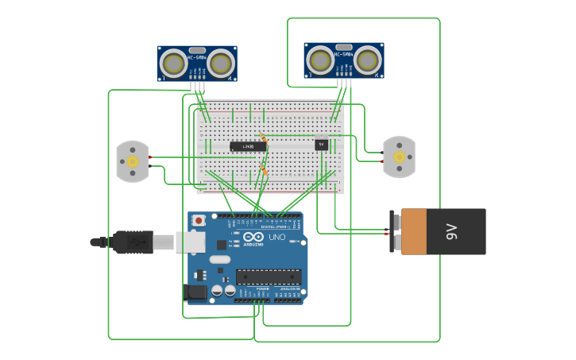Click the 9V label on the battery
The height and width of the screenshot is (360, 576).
coord(451,232)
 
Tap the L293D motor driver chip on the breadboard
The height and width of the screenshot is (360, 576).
coord(248,146)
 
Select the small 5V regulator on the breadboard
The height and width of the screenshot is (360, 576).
coord(321,145)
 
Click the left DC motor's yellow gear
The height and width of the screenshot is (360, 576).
coord(133,161)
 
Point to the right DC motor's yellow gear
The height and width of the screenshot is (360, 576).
coord(398,156)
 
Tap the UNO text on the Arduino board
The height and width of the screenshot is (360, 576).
coord(277,238)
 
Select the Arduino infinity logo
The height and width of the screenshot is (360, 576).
coord(254,238)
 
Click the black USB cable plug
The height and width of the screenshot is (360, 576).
coord(133,242)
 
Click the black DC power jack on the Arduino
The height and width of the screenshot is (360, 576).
coord(195,293)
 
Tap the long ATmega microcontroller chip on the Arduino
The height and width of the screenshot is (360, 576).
coord(269,277)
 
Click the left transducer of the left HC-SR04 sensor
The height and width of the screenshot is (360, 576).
coord(172,63)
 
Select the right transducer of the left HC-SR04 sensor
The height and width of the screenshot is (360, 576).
coord(222,63)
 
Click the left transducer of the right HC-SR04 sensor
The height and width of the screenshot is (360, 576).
coord(319,60)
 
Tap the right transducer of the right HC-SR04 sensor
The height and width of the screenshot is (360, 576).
coord(368,60)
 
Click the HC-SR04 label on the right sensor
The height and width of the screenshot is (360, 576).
coord(343,55)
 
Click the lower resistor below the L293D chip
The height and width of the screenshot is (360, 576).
coord(264,169)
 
